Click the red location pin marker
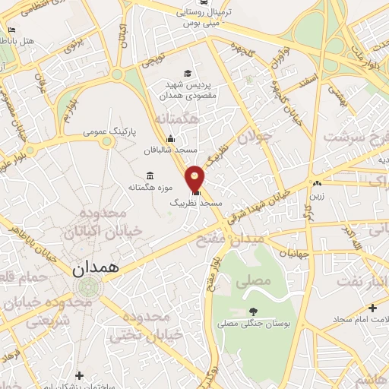(196, 177)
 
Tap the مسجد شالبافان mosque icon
(170, 138)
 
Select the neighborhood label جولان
(255, 137)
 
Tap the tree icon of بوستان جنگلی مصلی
(253, 312)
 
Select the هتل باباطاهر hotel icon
(11, 31)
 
